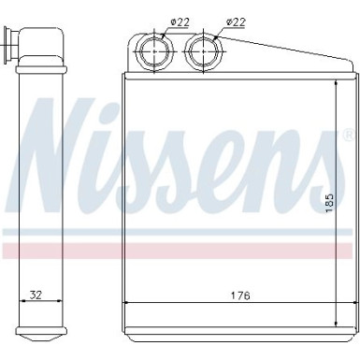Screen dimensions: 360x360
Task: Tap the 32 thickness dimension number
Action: [35, 296]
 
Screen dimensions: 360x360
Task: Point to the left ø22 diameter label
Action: [155, 22]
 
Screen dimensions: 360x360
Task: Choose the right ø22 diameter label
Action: [238, 22]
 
